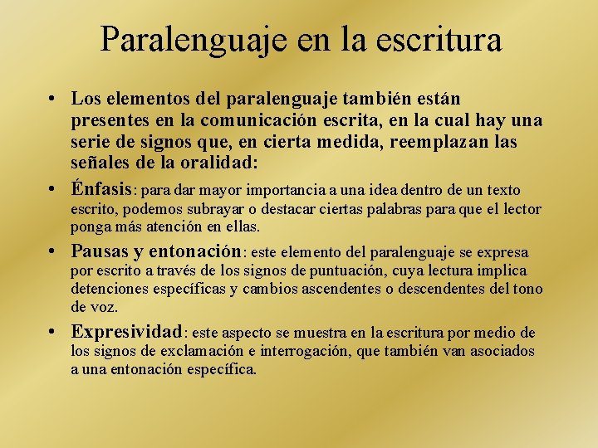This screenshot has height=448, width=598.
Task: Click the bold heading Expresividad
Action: (x=126, y=332)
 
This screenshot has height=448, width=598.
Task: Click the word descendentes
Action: (x=446, y=289)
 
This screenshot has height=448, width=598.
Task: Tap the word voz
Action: (x=104, y=306)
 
